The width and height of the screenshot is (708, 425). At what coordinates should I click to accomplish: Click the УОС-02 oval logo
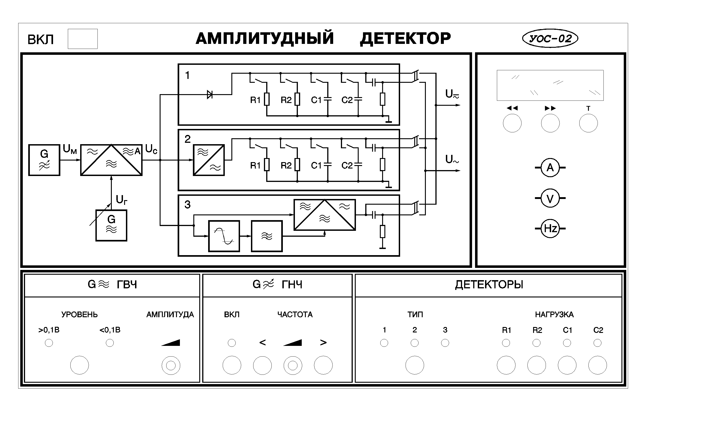[x=550, y=38]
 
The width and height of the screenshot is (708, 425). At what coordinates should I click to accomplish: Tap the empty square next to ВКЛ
[x=83, y=39]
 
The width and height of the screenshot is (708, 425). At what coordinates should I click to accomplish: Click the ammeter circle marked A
[x=550, y=168]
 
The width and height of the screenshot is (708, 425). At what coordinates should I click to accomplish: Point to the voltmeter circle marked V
[x=550, y=198]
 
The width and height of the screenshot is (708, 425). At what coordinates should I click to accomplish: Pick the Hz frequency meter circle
[x=550, y=229]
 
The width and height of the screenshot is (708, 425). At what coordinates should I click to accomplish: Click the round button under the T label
[x=588, y=123]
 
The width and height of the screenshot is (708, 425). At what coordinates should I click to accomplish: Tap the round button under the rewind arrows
[x=512, y=123]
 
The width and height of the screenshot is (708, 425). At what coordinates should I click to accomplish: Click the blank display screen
[x=550, y=85]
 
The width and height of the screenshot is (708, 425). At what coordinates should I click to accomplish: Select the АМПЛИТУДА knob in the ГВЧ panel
[x=171, y=365]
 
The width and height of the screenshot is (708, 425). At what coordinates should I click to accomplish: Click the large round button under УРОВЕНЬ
[x=79, y=365]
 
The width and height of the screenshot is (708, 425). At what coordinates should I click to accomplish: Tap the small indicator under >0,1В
[x=49, y=343]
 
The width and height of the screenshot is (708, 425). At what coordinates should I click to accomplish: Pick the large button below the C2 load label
[x=597, y=365]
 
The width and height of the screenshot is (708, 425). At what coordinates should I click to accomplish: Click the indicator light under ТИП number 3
[x=445, y=343]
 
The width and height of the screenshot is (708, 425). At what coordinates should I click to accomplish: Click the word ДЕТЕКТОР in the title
[x=405, y=39]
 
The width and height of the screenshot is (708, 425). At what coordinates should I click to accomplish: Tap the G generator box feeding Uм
[x=44, y=160]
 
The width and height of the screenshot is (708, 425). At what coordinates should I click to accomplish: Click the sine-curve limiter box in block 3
[x=224, y=236]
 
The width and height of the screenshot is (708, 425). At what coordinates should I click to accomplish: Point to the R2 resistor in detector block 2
[x=297, y=165]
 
